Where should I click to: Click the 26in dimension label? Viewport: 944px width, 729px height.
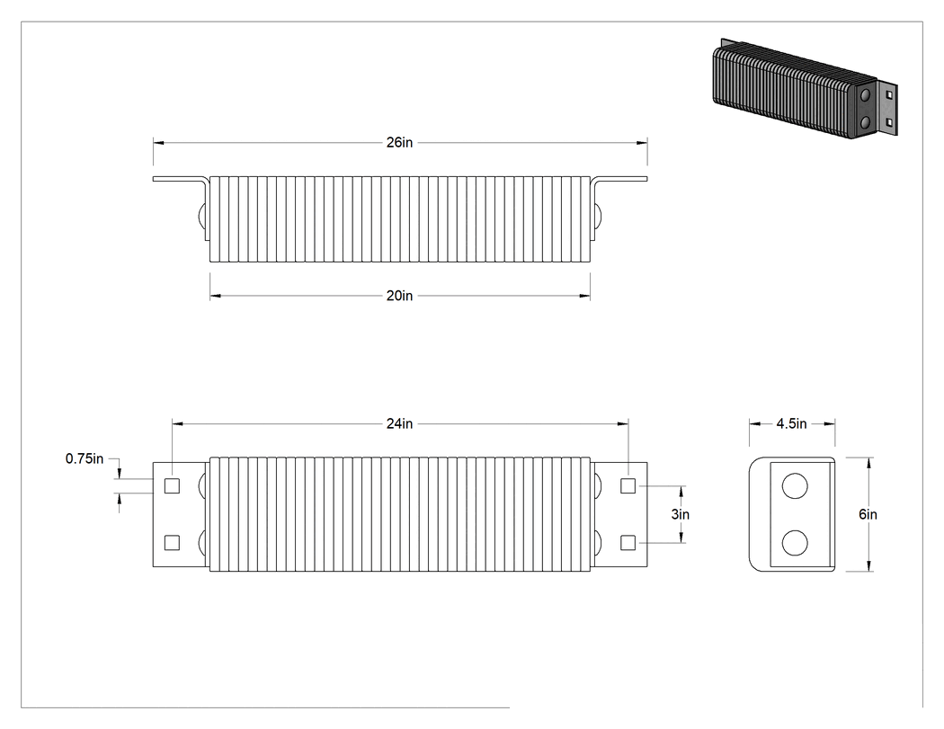pyautogui.click(x=400, y=143)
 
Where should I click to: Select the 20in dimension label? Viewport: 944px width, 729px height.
pyautogui.click(x=400, y=296)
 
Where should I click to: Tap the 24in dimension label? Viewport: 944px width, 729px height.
pyautogui.click(x=400, y=423)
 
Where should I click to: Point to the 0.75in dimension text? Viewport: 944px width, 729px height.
pyautogui.click(x=85, y=458)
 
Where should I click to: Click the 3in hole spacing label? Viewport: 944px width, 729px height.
pyautogui.click(x=681, y=514)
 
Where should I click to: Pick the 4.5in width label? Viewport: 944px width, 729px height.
pyautogui.click(x=791, y=423)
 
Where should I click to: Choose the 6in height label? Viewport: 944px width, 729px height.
pyautogui.click(x=868, y=514)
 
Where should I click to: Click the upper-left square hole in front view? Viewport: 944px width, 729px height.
pyautogui.click(x=173, y=485)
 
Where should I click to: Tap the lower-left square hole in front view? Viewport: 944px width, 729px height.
pyautogui.click(x=173, y=542)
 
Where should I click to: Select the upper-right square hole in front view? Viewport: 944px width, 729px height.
pyautogui.click(x=628, y=485)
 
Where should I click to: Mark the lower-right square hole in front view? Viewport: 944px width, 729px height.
pyautogui.click(x=628, y=542)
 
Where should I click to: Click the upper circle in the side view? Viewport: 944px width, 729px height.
pyautogui.click(x=795, y=485)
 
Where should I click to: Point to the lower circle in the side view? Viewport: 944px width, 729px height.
pyautogui.click(x=795, y=542)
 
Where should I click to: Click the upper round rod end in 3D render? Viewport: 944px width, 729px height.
pyautogui.click(x=865, y=95)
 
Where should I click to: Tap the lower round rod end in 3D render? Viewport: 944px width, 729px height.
pyautogui.click(x=865, y=123)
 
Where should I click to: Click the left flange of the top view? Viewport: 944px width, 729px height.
pyautogui.click(x=181, y=179)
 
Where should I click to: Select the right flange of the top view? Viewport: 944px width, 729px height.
pyautogui.click(x=619, y=179)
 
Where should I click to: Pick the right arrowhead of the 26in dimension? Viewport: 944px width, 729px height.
pyautogui.click(x=643, y=143)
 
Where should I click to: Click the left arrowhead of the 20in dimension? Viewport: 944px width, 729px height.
pyautogui.click(x=216, y=296)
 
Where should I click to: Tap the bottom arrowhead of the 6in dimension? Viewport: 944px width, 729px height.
pyautogui.click(x=868, y=566)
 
